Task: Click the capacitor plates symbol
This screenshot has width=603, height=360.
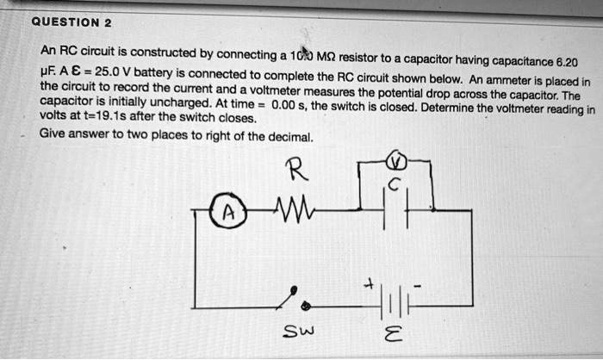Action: tap(393, 211)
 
